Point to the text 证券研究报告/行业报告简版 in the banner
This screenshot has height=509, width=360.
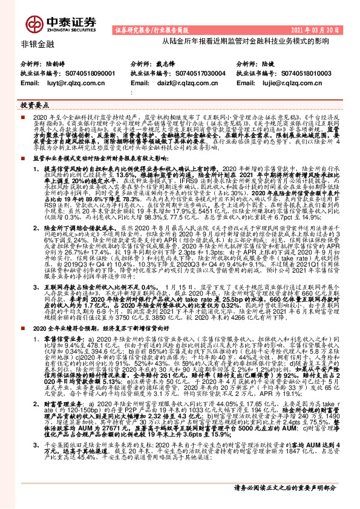[149, 30]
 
